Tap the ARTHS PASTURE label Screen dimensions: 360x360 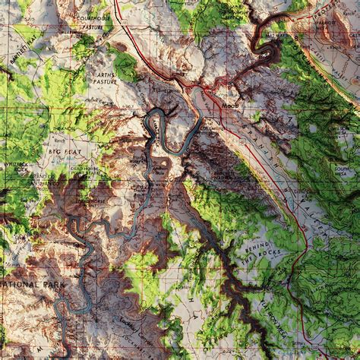pos(106,80)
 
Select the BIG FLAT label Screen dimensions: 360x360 pos(65,152)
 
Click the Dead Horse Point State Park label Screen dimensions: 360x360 pos(84,169)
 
